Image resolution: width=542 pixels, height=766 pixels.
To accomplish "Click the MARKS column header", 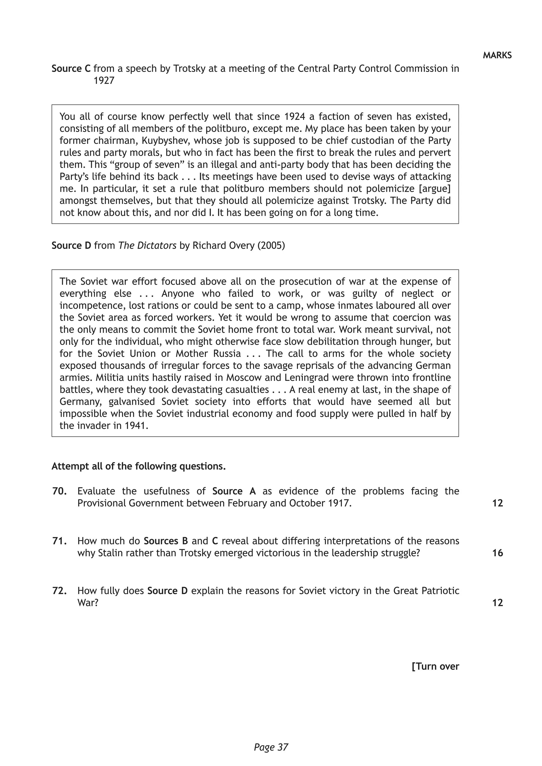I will click(497, 55).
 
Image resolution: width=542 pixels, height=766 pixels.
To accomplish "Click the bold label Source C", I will click(71, 69).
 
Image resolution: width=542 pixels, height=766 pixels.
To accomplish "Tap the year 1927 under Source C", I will click(104, 81).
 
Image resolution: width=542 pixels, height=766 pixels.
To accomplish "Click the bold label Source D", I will click(71, 245).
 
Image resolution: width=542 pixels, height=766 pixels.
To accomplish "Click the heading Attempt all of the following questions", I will click(138, 466).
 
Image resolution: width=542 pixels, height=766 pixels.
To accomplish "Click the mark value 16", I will click(497, 553).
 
